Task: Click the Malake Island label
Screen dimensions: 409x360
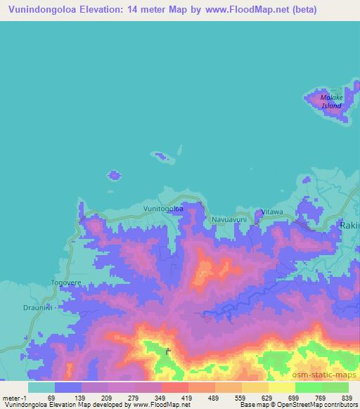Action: pyautogui.click(x=331, y=101)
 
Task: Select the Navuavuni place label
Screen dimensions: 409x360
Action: pyautogui.click(x=229, y=220)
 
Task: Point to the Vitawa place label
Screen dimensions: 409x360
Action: pyautogui.click(x=271, y=212)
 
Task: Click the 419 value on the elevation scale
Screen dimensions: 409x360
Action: pyautogui.click(x=186, y=397)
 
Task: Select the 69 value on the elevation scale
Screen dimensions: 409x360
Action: pyautogui.click(x=51, y=397)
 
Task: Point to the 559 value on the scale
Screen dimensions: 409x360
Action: pyautogui.click(x=240, y=397)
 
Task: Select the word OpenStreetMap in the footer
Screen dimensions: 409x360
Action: pyautogui.click(x=316, y=405)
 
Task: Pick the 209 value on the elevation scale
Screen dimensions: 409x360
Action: pyautogui.click(x=105, y=397)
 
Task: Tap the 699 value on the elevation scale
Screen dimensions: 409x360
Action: pyautogui.click(x=294, y=397)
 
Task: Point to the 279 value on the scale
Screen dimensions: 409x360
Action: pyautogui.click(x=131, y=397)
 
